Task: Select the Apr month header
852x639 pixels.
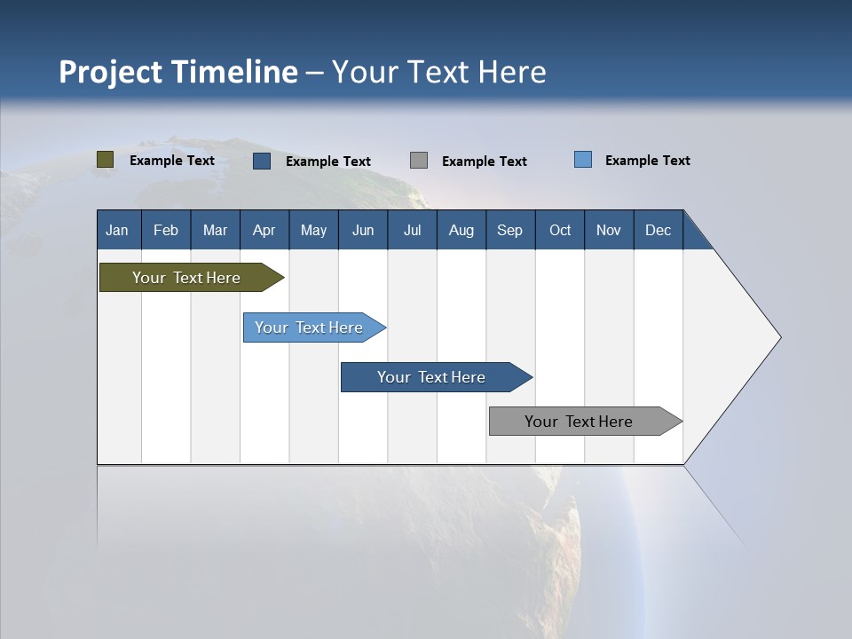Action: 264,230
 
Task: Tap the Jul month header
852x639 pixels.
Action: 412,230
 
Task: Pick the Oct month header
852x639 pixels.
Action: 560,230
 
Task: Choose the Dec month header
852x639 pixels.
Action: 658,230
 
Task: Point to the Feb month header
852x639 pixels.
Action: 166,230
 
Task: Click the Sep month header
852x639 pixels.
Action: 510,230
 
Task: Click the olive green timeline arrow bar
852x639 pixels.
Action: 192,277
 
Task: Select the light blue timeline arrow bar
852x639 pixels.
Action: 314,327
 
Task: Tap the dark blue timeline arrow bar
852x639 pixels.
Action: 437,377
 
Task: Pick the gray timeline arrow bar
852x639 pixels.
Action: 586,421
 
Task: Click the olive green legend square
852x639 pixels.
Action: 105,160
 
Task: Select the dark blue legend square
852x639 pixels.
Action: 262,161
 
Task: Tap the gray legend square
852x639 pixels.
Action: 418,161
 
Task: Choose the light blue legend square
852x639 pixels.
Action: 583,159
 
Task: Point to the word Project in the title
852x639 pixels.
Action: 110,72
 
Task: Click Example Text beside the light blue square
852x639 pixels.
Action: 648,161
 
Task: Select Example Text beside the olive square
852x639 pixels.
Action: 171,161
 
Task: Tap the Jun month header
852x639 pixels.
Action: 363,230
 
